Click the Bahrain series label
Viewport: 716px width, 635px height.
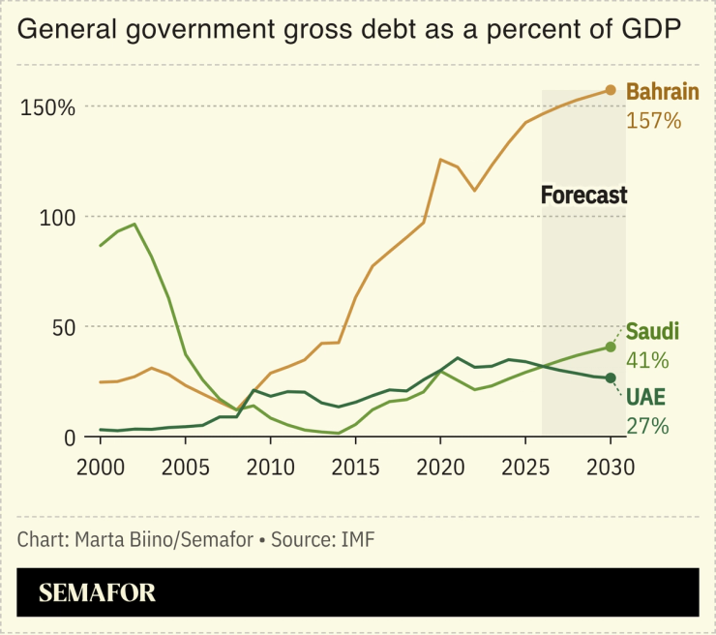tap(663, 93)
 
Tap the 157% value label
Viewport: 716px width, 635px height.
tap(654, 121)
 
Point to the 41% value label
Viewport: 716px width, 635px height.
tap(647, 360)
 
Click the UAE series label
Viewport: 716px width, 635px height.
tap(646, 398)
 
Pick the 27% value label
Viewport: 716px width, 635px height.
tap(647, 426)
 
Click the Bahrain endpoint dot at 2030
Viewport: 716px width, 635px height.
tap(611, 90)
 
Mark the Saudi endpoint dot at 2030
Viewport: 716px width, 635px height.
tap(611, 347)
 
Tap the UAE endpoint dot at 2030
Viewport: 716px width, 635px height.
tap(611, 378)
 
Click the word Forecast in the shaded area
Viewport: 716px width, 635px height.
tap(583, 196)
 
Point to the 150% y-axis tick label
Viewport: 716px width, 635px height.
tap(47, 107)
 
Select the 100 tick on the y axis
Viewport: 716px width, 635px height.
tap(56, 218)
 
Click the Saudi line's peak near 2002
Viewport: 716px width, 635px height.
tap(134, 224)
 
